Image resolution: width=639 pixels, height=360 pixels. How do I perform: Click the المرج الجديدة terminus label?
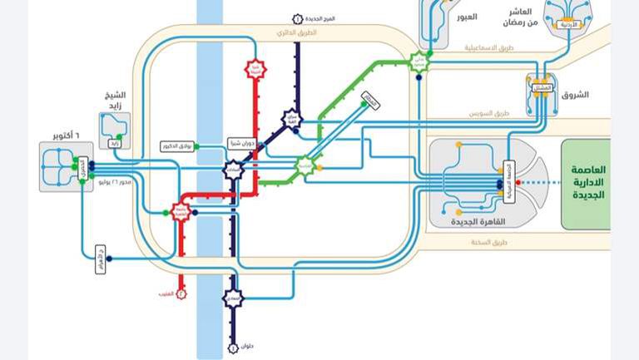tap(320, 18)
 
